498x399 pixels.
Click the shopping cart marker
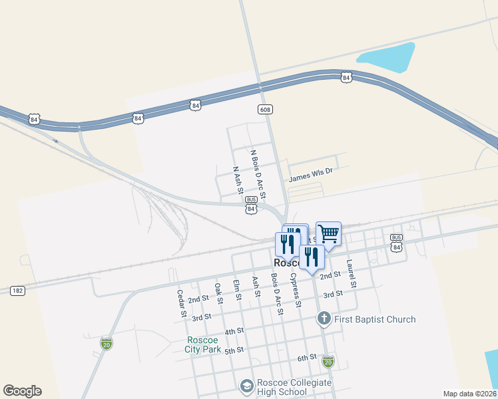click(328, 234)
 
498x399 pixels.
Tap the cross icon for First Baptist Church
click(324, 319)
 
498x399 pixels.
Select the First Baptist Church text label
click(375, 320)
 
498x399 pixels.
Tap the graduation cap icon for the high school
click(246, 386)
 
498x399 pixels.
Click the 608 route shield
click(266, 108)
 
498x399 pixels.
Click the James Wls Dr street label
click(310, 175)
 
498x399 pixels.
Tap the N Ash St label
click(236, 180)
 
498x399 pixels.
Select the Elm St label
click(236, 293)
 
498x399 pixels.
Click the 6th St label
click(307, 358)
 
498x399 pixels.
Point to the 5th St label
click(234, 350)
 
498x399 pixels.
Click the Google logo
click(22, 391)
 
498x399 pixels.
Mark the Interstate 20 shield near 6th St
click(328, 362)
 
